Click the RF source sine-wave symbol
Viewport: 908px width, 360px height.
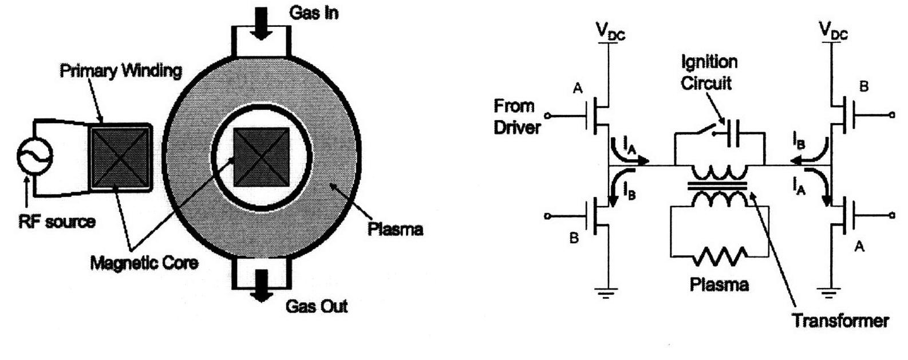click(x=34, y=155)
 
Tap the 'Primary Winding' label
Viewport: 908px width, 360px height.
click(x=121, y=72)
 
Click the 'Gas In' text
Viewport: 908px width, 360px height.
click(x=314, y=13)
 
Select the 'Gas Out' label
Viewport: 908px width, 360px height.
click(x=317, y=306)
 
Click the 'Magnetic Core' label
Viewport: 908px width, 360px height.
click(x=144, y=263)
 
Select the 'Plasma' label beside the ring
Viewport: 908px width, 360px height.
click(x=396, y=230)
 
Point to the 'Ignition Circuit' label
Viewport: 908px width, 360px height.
click(x=709, y=73)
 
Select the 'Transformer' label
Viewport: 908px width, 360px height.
click(x=840, y=320)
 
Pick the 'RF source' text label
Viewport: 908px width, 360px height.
click(x=57, y=221)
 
